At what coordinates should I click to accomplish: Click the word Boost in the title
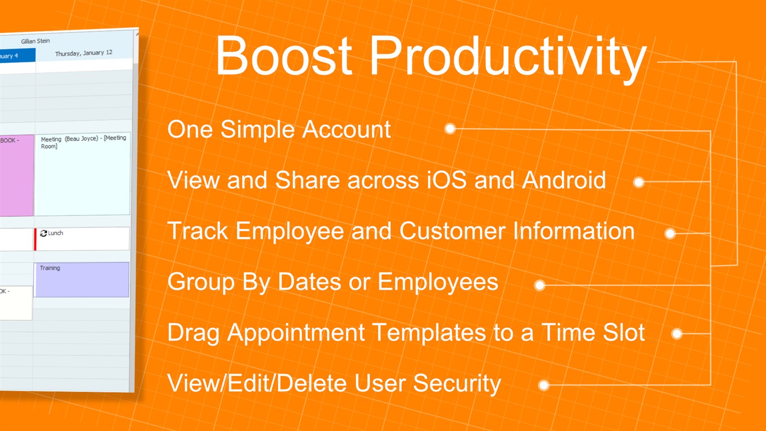pos(283,57)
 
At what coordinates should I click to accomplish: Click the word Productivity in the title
pos(508,57)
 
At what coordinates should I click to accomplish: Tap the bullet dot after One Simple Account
pos(450,129)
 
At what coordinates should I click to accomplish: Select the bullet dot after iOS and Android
pos(638,182)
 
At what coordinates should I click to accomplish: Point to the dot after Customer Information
pos(670,234)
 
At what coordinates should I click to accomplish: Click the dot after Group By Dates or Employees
pos(539,285)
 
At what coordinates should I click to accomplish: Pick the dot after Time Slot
pos(677,334)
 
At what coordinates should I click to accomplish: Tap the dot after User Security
pos(543,385)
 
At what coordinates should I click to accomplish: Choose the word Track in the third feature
pos(197,231)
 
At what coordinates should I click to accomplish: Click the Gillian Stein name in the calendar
pos(36,41)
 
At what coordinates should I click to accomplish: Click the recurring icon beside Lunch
pos(43,233)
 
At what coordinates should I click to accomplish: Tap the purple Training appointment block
pos(82,279)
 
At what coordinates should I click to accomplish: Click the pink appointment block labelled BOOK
pos(15,175)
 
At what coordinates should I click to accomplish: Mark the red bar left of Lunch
pos(35,239)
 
